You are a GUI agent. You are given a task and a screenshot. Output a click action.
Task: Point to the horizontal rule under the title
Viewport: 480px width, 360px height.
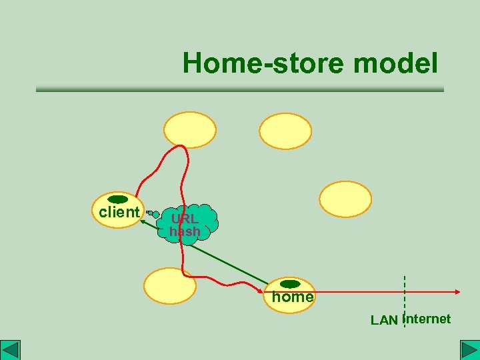(239, 89)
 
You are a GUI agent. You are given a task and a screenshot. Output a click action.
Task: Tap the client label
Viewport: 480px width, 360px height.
(119, 213)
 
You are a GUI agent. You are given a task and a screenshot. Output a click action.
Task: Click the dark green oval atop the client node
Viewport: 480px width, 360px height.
(118, 199)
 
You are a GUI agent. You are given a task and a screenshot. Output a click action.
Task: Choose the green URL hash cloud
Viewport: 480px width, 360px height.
(190, 223)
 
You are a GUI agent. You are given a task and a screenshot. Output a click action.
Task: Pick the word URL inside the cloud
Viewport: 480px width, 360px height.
(184, 219)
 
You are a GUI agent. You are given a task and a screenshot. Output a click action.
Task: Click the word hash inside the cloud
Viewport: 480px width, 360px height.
(185, 231)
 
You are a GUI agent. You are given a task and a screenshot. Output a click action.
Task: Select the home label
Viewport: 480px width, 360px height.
(292, 297)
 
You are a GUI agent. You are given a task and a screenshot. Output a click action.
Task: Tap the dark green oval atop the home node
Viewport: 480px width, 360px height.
(290, 284)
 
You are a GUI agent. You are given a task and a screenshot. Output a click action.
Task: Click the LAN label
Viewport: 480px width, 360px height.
(384, 321)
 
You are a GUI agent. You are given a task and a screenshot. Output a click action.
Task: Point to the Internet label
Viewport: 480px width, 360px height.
(428, 319)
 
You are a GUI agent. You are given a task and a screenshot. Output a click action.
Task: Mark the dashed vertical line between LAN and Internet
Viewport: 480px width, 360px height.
(405, 300)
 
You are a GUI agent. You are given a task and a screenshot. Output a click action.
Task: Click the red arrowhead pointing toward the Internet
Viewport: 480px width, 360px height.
(457, 291)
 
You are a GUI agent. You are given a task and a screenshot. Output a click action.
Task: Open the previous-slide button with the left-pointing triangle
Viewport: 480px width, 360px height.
(11, 350)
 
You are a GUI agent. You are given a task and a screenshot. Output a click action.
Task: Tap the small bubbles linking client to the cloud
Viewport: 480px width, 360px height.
(153, 214)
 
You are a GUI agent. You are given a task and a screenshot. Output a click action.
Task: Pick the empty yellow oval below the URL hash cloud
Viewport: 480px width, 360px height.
(170, 286)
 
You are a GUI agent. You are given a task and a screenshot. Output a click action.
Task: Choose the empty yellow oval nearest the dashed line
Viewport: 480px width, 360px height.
(345, 199)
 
